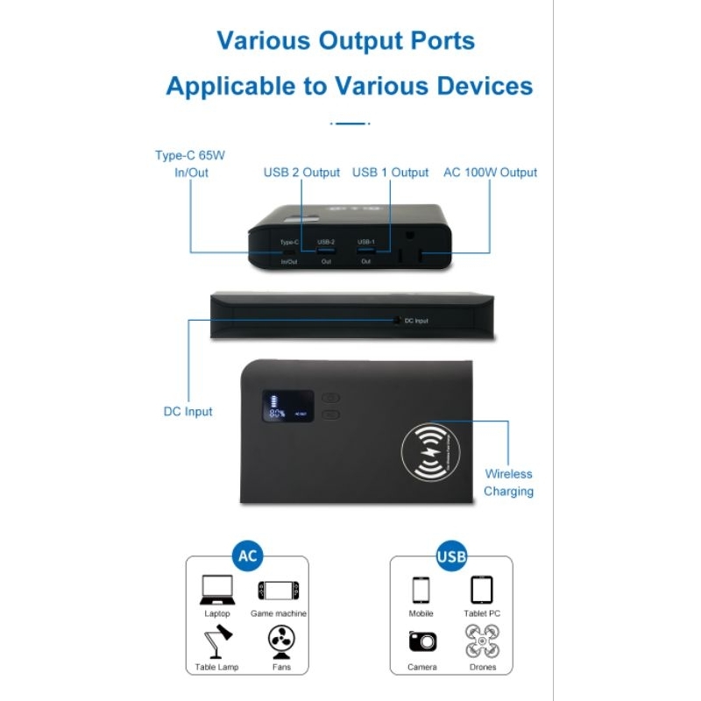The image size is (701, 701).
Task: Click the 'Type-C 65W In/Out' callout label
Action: (190, 164)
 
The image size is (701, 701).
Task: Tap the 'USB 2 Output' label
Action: (301, 173)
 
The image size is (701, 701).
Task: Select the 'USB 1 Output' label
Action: (391, 173)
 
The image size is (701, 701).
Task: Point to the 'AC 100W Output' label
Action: (491, 173)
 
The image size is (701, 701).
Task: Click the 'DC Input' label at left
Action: (188, 411)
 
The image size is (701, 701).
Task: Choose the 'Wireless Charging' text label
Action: (508, 483)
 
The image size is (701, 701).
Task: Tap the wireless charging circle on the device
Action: (430, 452)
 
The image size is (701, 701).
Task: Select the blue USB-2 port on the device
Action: (326, 251)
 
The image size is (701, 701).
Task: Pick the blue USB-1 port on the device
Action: (365, 251)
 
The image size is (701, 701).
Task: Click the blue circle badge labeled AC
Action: (247, 556)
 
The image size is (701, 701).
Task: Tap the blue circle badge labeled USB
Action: (450, 556)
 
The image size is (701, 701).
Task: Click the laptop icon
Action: (216, 590)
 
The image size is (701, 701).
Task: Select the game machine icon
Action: (278, 591)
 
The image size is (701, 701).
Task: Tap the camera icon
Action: (421, 642)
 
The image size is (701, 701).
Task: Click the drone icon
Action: (482, 642)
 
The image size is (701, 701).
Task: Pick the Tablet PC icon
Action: (481, 590)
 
